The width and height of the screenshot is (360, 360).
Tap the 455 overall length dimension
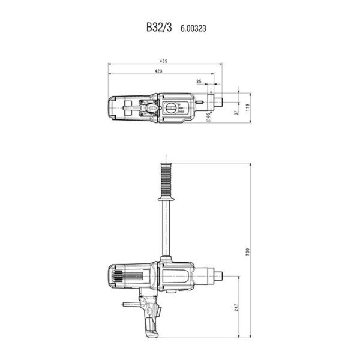(163, 61)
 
